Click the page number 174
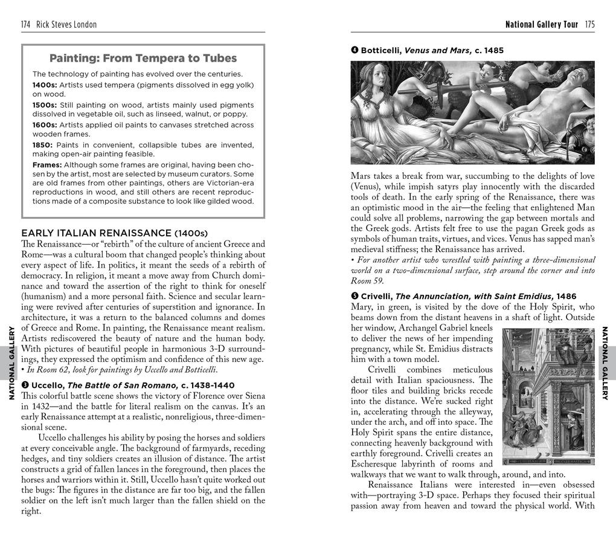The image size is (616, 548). click(26, 25)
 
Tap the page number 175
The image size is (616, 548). click(589, 25)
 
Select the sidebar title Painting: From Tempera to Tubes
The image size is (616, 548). click(143, 59)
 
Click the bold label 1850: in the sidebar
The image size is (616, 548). click(44, 145)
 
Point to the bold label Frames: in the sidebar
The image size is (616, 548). click(47, 165)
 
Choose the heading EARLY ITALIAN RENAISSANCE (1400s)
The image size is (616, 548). click(114, 233)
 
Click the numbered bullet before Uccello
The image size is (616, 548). click(25, 385)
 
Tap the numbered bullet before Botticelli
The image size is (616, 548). click(355, 50)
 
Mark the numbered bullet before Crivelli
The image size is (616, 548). click(355, 296)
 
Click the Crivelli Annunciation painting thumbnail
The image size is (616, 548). click(548, 396)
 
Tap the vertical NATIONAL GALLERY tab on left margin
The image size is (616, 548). click(11, 363)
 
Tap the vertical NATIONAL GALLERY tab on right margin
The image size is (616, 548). click(605, 363)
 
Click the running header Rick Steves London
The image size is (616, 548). click(66, 25)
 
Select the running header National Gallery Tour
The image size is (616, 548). click(541, 25)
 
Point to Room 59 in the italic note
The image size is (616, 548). click(367, 281)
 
